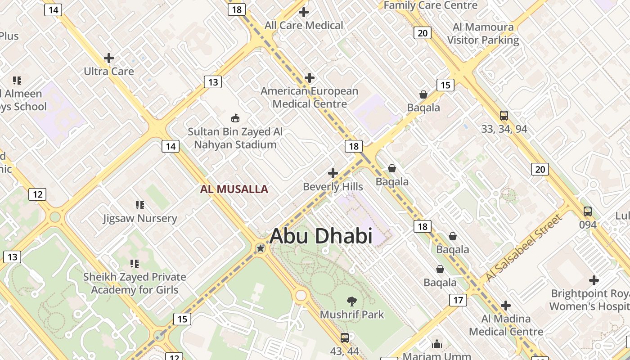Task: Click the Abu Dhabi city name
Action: click(321, 236)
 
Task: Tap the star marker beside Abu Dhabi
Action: click(260, 248)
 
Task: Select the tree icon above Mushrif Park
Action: click(352, 301)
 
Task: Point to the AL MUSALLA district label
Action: click(234, 189)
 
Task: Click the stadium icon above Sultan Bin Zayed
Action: click(235, 118)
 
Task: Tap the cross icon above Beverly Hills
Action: click(333, 173)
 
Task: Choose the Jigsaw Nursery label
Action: click(140, 219)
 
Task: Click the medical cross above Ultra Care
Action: click(109, 58)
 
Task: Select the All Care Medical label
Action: click(304, 26)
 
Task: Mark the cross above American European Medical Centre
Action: click(310, 78)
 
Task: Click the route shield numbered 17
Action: click(458, 300)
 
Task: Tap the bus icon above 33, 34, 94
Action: click(504, 116)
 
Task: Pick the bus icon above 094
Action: click(588, 211)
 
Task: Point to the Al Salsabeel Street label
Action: click(524, 248)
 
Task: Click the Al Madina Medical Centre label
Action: click(506, 325)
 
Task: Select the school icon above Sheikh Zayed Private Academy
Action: click(134, 263)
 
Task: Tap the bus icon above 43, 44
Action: click(345, 337)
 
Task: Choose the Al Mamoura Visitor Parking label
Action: click(483, 34)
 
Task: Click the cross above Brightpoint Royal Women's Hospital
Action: click(594, 280)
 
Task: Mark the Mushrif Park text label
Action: click(352, 314)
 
